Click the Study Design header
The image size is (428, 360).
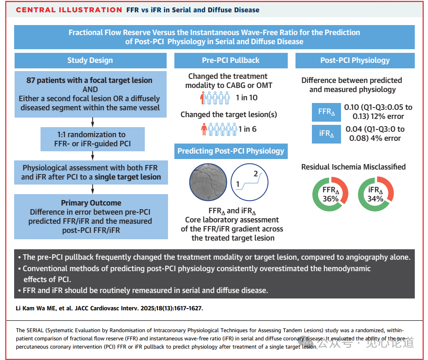point(90,61)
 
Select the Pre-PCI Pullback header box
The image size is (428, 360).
point(231,61)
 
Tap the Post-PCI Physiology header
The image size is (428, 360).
point(355,61)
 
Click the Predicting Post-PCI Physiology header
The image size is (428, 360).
point(231,151)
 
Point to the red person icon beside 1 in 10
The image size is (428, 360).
point(203,98)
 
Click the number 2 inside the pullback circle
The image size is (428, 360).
point(255,174)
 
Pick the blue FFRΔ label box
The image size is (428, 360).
point(325,112)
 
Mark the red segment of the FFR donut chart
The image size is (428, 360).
point(344,188)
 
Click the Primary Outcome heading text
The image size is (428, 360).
point(91,203)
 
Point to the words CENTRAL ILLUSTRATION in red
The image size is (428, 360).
point(69,10)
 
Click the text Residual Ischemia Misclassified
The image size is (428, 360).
point(353,167)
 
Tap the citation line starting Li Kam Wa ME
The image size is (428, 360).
point(109,309)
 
